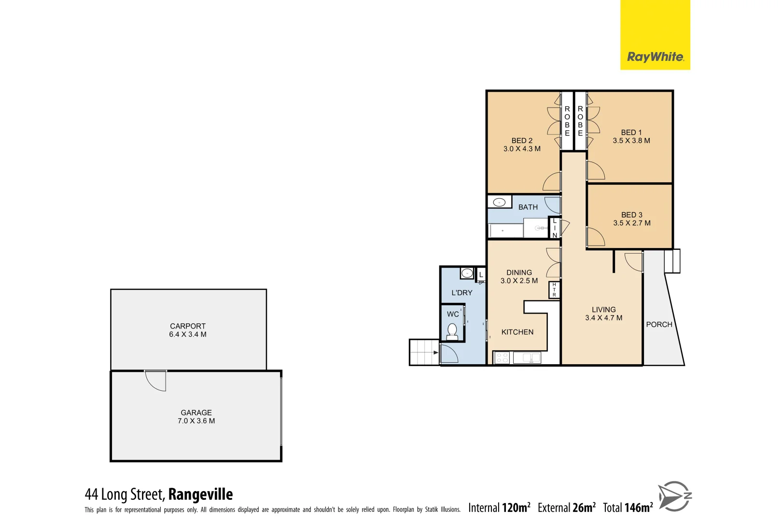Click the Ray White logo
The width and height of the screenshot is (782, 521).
[655, 57]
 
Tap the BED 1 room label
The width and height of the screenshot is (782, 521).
[631, 132]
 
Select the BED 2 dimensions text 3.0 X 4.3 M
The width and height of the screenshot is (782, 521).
[522, 149]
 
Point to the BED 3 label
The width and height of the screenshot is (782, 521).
[631, 215]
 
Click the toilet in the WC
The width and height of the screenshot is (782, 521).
[452, 331]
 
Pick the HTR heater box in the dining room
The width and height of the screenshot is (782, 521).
[554, 289]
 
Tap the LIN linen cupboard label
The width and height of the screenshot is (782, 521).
[555, 228]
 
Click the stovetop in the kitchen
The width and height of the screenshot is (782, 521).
[502, 358]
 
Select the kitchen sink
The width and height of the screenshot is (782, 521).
[527, 358]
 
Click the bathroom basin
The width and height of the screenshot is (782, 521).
[499, 202]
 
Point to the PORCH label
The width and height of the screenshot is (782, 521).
[659, 325]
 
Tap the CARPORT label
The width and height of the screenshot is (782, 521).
[188, 326]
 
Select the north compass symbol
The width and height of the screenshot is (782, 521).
[674, 496]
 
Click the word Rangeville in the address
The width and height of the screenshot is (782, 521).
[200, 494]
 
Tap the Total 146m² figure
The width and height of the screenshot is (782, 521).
[628, 507]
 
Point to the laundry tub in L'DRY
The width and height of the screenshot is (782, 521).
[467, 274]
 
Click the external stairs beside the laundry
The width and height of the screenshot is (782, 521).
[423, 352]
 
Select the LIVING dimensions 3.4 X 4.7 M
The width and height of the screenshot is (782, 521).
[603, 318]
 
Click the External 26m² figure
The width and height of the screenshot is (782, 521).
[566, 507]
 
